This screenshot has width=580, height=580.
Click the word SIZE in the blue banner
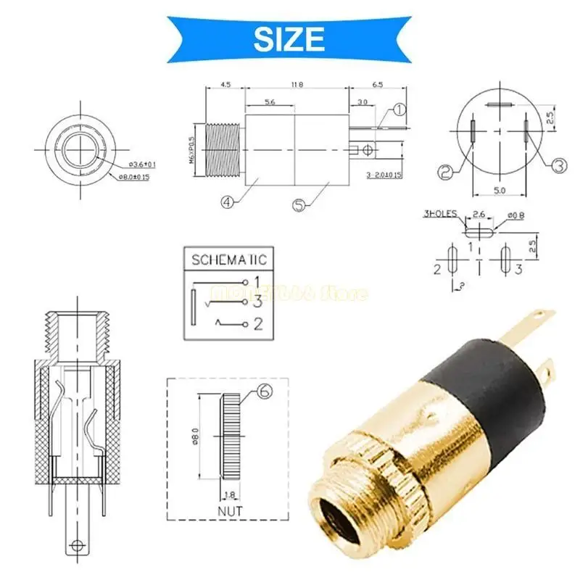[x=289, y=37]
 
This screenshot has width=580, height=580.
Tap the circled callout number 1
[x=399, y=110]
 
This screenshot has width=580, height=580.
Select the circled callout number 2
[x=446, y=173]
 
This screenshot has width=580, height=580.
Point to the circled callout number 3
[x=558, y=166]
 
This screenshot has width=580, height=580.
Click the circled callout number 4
[x=229, y=203]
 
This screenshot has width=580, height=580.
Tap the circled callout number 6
[x=264, y=394]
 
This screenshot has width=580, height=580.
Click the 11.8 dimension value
[x=297, y=85]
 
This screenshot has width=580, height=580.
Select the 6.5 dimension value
[x=378, y=85]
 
